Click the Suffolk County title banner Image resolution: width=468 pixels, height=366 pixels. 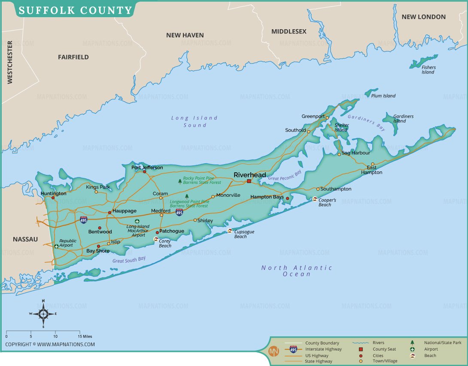(x=75, y=9)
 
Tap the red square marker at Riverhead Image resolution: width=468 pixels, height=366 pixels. (x=249, y=181)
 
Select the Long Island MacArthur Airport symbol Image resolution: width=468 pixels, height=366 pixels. (x=137, y=221)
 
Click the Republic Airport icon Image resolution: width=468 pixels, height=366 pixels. (x=57, y=246)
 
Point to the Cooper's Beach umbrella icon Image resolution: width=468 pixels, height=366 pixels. (x=315, y=199)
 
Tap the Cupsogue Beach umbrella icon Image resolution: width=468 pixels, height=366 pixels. (x=230, y=231)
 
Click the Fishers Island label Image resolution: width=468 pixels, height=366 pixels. (x=428, y=70)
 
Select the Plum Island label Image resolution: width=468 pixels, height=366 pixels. (x=383, y=96)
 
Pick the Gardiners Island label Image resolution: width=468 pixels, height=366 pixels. (x=403, y=119)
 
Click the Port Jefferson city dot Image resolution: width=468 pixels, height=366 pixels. (x=144, y=172)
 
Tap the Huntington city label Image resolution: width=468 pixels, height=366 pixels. (x=53, y=193)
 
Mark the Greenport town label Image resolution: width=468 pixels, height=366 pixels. (x=313, y=116)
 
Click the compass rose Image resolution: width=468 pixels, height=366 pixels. (x=43, y=314)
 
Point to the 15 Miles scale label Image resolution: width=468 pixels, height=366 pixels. (x=85, y=336)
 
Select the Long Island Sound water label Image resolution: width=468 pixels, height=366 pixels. (x=194, y=121)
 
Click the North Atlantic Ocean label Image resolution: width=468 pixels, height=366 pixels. (x=297, y=271)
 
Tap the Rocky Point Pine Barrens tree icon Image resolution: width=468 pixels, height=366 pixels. (x=180, y=181)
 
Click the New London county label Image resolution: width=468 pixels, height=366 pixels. (x=423, y=17)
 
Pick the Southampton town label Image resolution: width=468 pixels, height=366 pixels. (x=336, y=189)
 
